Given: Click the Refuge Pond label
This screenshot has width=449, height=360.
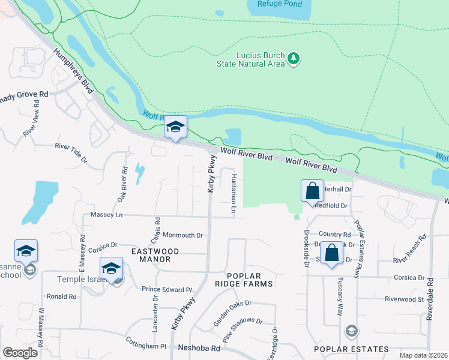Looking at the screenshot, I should pos(275,4).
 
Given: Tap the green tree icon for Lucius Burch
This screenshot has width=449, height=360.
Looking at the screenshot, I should pos(294,58).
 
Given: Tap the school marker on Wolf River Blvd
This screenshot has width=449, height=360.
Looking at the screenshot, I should pos(175,127).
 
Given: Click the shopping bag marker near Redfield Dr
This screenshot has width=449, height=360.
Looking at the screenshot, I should pos(312,192).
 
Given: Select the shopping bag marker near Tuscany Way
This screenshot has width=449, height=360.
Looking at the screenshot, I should pos(331,253).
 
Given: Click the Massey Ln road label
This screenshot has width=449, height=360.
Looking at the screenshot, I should pos(106,214).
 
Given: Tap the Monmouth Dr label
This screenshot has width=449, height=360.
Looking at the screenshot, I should pos(183,235).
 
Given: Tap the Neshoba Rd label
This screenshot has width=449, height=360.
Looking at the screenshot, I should pos(196,347).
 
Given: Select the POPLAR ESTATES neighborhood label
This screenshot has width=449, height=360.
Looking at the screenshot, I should pos(344,349).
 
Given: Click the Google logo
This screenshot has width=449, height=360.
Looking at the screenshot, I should pos(20,352).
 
